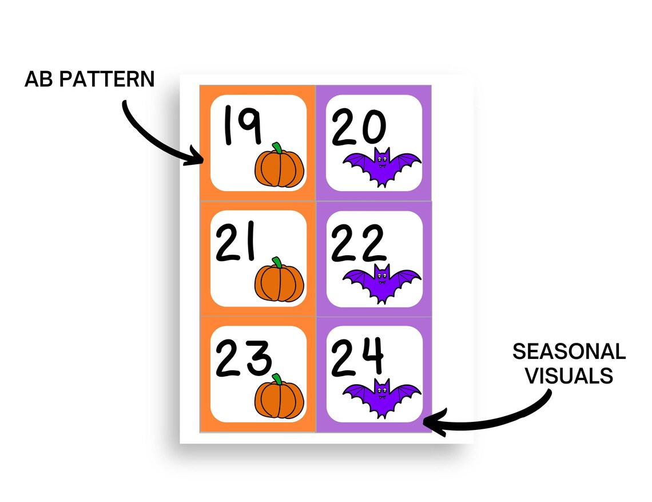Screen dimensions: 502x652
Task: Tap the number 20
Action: point(359,129)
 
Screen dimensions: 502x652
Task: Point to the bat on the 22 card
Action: point(381,282)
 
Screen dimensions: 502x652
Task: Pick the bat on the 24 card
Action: point(381,396)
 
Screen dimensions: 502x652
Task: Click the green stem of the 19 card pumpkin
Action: point(276,148)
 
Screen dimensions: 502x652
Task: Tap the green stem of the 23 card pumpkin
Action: point(277,378)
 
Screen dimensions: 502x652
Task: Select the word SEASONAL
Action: point(568,351)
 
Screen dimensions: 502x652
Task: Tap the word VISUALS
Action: point(568,375)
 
